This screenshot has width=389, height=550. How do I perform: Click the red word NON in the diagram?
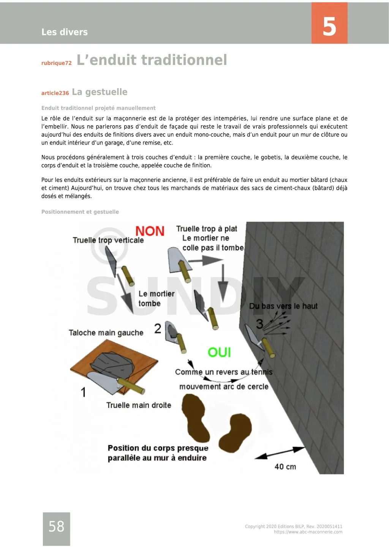coord(150,231)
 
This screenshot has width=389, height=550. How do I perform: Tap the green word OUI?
coord(219,352)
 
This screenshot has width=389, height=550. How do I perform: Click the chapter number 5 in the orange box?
coord(329,26)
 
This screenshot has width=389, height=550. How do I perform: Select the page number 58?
coord(56,526)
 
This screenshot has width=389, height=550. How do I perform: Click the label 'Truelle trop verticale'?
coord(108,240)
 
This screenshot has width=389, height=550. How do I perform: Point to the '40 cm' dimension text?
coord(285,466)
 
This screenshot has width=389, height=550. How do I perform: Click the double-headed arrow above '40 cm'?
coord(280,452)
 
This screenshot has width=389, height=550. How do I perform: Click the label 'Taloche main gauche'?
coord(106,333)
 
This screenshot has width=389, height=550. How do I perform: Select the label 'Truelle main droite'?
coord(139,405)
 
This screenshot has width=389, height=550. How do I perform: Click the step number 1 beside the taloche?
coord(83,392)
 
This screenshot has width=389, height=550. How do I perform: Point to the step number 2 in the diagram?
coord(158,328)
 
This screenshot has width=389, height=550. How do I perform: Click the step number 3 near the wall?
coord(259,324)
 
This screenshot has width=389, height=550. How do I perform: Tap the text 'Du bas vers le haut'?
coord(283,306)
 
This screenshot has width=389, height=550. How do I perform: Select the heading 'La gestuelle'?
coord(100,92)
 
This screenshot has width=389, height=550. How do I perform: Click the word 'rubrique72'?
coord(56,63)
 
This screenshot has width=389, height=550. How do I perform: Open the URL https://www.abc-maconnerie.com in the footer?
coord(308,532)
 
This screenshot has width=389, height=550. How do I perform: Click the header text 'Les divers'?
coord(64,32)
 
